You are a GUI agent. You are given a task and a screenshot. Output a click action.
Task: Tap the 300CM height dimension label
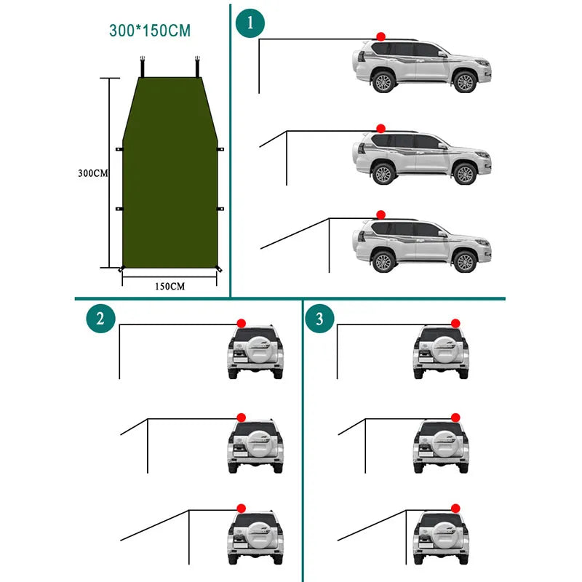(94, 173)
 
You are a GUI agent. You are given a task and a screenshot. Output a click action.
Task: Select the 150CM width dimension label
(170, 286)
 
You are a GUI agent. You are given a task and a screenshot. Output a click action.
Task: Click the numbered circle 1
(250, 23)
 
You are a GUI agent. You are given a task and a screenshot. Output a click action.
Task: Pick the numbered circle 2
(100, 318)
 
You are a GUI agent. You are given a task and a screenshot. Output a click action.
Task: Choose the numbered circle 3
(319, 318)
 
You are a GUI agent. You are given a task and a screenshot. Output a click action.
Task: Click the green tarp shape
(171, 175)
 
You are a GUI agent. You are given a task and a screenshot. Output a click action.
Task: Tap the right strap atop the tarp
(197, 65)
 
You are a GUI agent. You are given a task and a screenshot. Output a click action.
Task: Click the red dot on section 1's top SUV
(380, 36)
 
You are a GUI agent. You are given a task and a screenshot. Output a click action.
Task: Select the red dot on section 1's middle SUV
(380, 128)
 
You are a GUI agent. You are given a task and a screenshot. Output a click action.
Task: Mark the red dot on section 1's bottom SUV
(380, 215)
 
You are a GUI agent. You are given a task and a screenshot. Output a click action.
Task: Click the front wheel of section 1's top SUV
(464, 81)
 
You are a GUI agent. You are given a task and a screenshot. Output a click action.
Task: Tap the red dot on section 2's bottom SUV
(241, 509)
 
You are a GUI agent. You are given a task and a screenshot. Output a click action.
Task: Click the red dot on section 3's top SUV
(455, 323)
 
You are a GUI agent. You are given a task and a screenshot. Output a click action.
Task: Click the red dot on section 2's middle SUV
(241, 416)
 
